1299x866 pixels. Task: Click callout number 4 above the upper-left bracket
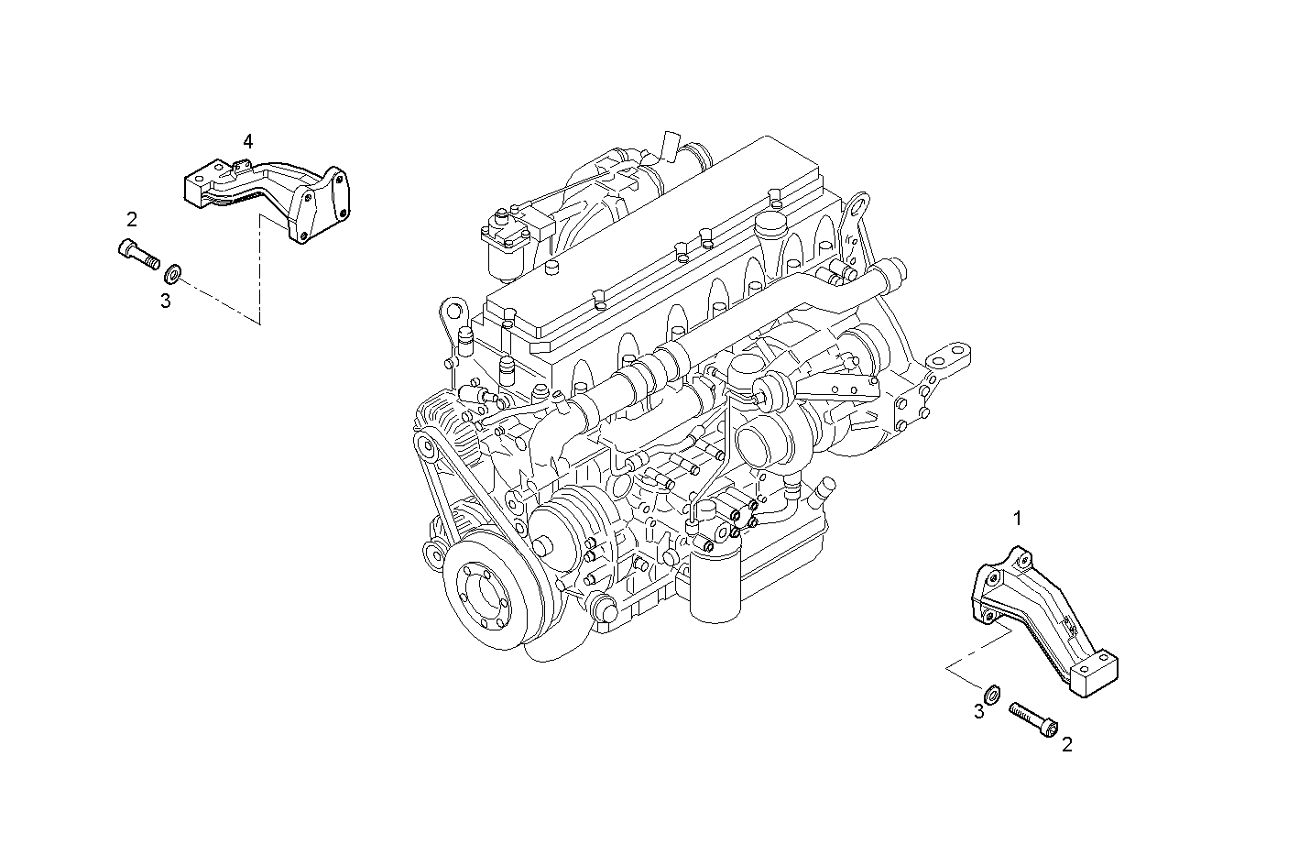point(247,141)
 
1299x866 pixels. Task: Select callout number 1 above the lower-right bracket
point(1017,519)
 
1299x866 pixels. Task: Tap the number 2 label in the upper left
point(132,219)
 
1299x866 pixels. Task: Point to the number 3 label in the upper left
point(166,301)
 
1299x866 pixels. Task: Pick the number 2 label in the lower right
point(1066,745)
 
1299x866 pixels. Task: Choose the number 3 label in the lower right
point(979,711)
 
